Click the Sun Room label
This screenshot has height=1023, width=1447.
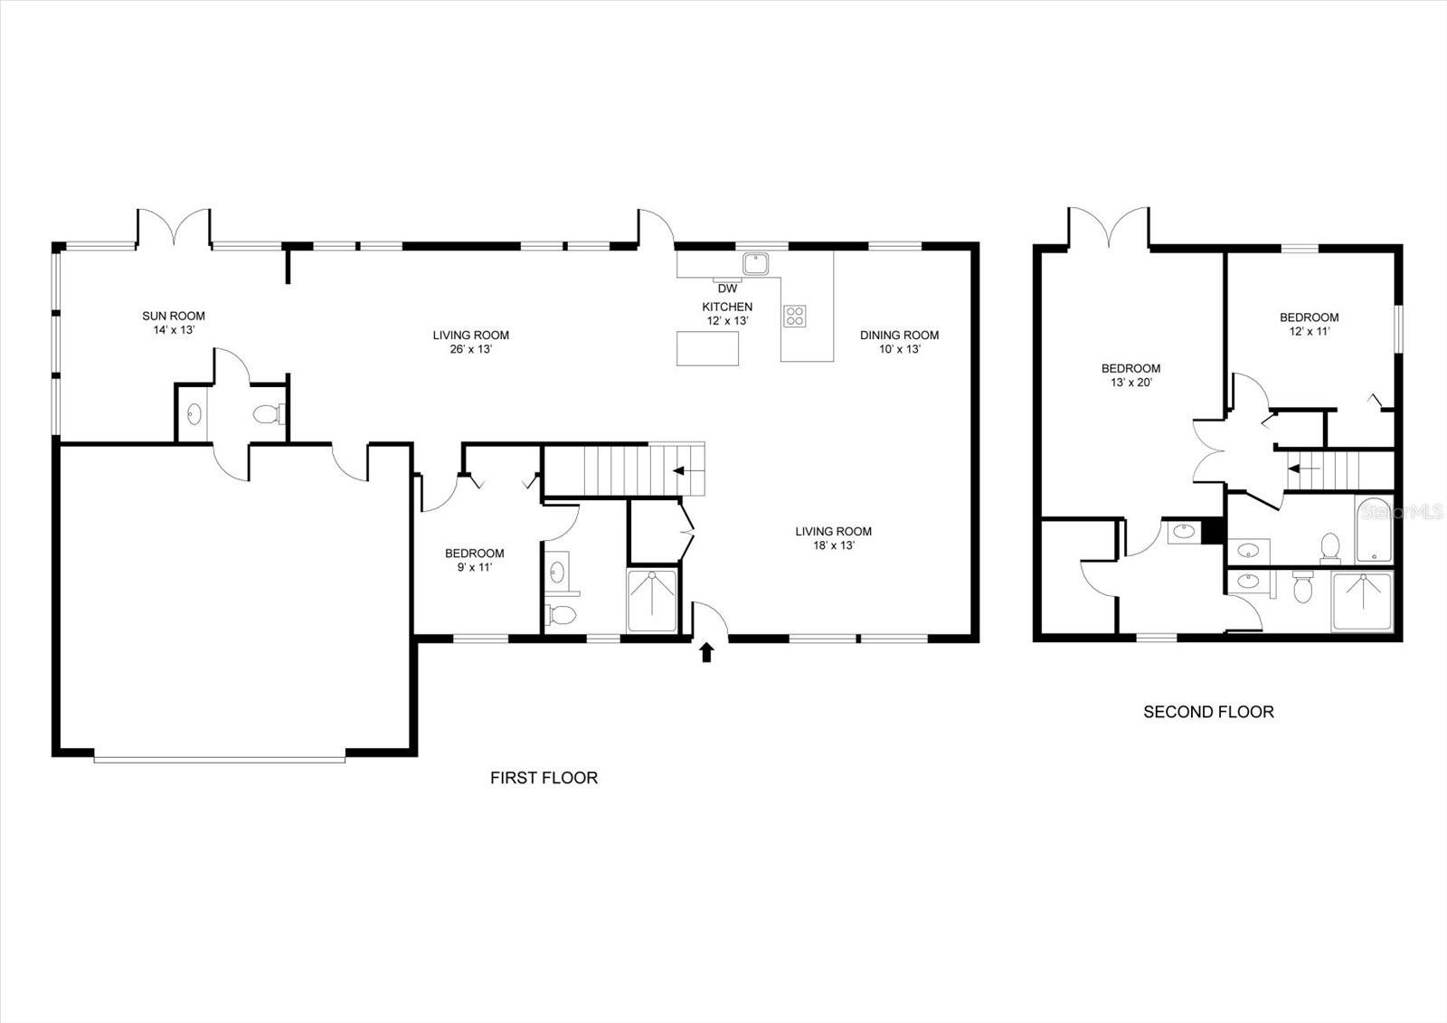(173, 323)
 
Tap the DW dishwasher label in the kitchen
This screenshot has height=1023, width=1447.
(727, 289)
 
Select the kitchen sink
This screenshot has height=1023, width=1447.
(755, 264)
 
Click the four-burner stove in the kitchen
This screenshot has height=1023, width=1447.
(795, 316)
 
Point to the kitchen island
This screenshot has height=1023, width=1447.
(707, 348)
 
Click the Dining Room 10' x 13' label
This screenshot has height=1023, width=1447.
(899, 342)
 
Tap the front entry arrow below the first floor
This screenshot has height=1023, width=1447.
(706, 652)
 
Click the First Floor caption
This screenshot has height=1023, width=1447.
(544, 777)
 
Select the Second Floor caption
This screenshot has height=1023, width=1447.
(1208, 712)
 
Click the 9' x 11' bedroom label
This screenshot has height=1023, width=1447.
(474, 560)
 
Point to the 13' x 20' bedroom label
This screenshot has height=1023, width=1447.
(1130, 374)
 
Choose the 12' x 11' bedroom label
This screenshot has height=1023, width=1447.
(1309, 324)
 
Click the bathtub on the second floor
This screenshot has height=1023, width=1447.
(1375, 530)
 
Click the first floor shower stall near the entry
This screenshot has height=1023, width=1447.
(652, 601)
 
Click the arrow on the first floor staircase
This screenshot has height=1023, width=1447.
(678, 471)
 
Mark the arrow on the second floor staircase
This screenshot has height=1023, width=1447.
(1303, 469)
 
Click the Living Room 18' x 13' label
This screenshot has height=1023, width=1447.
(833, 538)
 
